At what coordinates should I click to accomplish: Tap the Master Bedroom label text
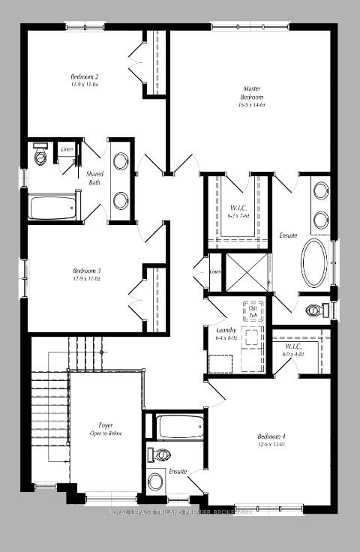251,97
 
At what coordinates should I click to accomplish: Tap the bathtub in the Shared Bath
53,207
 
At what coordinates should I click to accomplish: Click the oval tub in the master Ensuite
315,262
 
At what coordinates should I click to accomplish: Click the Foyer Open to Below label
106,430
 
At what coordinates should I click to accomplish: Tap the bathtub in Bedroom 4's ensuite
179,427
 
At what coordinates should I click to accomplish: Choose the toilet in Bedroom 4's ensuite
160,454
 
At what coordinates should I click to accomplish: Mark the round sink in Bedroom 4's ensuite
156,481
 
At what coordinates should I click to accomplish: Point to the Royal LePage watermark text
180,512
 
